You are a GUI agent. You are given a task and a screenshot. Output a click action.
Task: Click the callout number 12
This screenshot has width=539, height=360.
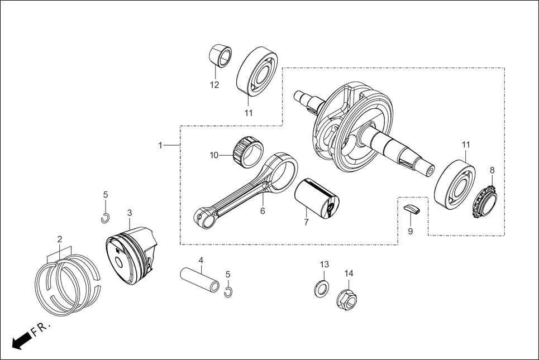tap(214, 85)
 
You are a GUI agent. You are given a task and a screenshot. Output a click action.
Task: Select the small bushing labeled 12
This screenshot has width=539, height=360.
tap(220, 55)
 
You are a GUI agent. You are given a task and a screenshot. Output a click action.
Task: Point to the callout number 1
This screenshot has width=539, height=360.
tap(160, 145)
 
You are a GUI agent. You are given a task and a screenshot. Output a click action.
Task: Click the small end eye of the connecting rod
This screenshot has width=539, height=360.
tap(205, 217)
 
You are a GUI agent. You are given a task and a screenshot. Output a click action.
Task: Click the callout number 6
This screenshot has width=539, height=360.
tap(262, 211)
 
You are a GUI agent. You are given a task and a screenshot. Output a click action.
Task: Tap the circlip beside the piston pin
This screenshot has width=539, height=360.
tap(228, 292)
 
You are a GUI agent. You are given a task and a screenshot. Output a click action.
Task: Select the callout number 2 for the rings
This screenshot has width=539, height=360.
tap(59, 239)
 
